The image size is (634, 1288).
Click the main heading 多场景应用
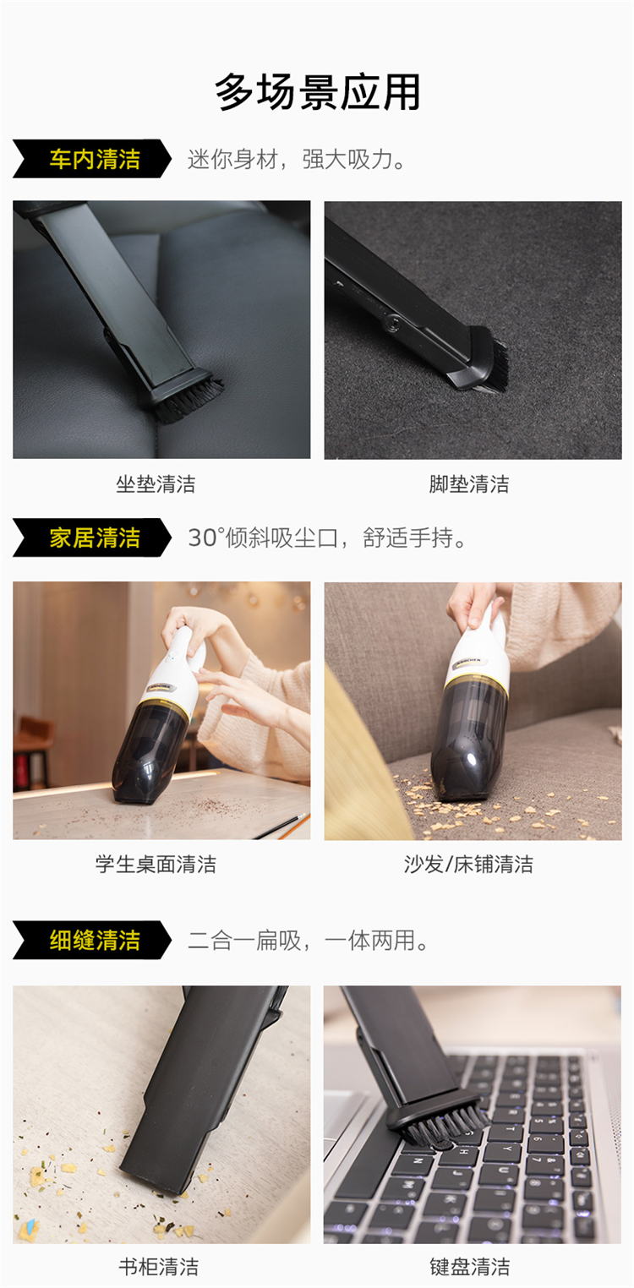point(317,92)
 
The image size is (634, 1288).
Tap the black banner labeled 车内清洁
point(92,159)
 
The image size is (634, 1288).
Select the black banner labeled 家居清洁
point(92,538)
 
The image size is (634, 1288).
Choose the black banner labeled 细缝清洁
point(92,940)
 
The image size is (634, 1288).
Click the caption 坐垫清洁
point(156,484)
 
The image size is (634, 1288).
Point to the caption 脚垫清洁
point(469,484)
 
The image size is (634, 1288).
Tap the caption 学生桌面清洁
point(156,865)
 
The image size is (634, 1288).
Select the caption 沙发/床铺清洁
point(469,865)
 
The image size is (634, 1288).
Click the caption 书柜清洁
point(158,1267)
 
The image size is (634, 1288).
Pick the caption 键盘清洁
point(469,1267)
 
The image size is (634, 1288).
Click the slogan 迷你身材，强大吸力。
point(297,159)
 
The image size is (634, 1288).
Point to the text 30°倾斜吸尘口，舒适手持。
point(327,538)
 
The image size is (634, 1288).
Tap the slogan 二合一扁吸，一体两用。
point(308,941)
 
